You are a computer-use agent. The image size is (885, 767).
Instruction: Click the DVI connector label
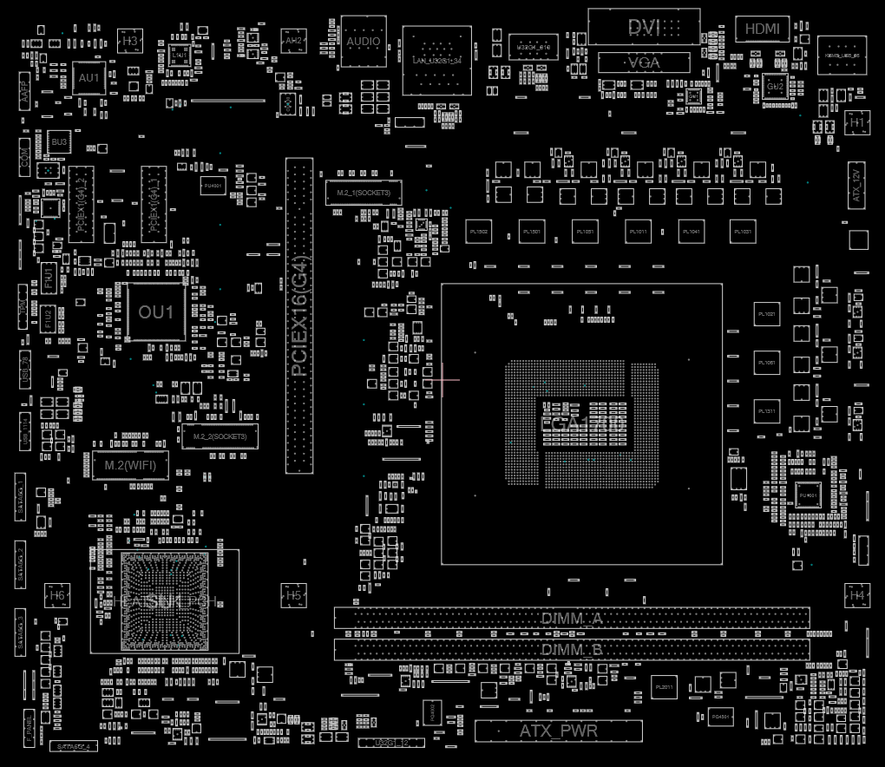(x=645, y=28)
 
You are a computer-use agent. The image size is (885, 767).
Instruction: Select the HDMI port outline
(x=763, y=29)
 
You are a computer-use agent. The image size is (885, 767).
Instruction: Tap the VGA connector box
(x=644, y=62)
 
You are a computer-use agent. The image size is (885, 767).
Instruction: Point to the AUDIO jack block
(x=363, y=41)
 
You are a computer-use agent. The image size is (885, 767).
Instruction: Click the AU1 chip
(x=89, y=78)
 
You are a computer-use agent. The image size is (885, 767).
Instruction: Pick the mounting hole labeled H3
(x=130, y=40)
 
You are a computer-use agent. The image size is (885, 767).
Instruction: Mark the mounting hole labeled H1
(x=857, y=124)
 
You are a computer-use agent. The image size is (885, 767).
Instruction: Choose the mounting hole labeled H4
(x=857, y=596)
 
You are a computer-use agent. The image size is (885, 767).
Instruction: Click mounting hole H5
(x=294, y=596)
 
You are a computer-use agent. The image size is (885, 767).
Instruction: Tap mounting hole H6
(x=57, y=596)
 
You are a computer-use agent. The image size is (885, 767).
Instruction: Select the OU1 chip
(x=156, y=311)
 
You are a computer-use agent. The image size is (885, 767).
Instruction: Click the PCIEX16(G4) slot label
(x=298, y=316)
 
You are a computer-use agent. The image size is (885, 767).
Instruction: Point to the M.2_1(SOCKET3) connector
(x=364, y=192)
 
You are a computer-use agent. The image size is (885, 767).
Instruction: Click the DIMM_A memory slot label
(x=572, y=619)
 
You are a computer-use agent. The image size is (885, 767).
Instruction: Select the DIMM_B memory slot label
(x=572, y=649)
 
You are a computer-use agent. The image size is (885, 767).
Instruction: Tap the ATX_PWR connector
(x=558, y=731)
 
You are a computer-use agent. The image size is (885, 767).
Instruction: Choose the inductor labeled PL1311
(x=768, y=411)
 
